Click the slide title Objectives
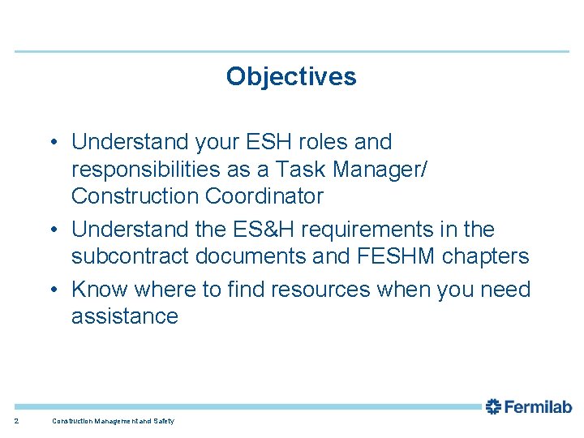coord(291,76)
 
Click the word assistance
coord(124,316)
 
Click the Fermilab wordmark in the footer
coord(539,407)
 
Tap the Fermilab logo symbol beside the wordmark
coord(494,407)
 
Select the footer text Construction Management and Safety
coord(113,421)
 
